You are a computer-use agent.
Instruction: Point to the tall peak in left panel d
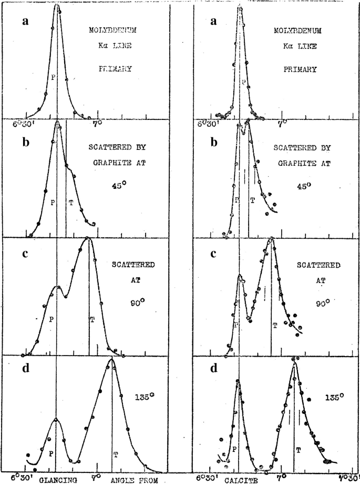point(111,359)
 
